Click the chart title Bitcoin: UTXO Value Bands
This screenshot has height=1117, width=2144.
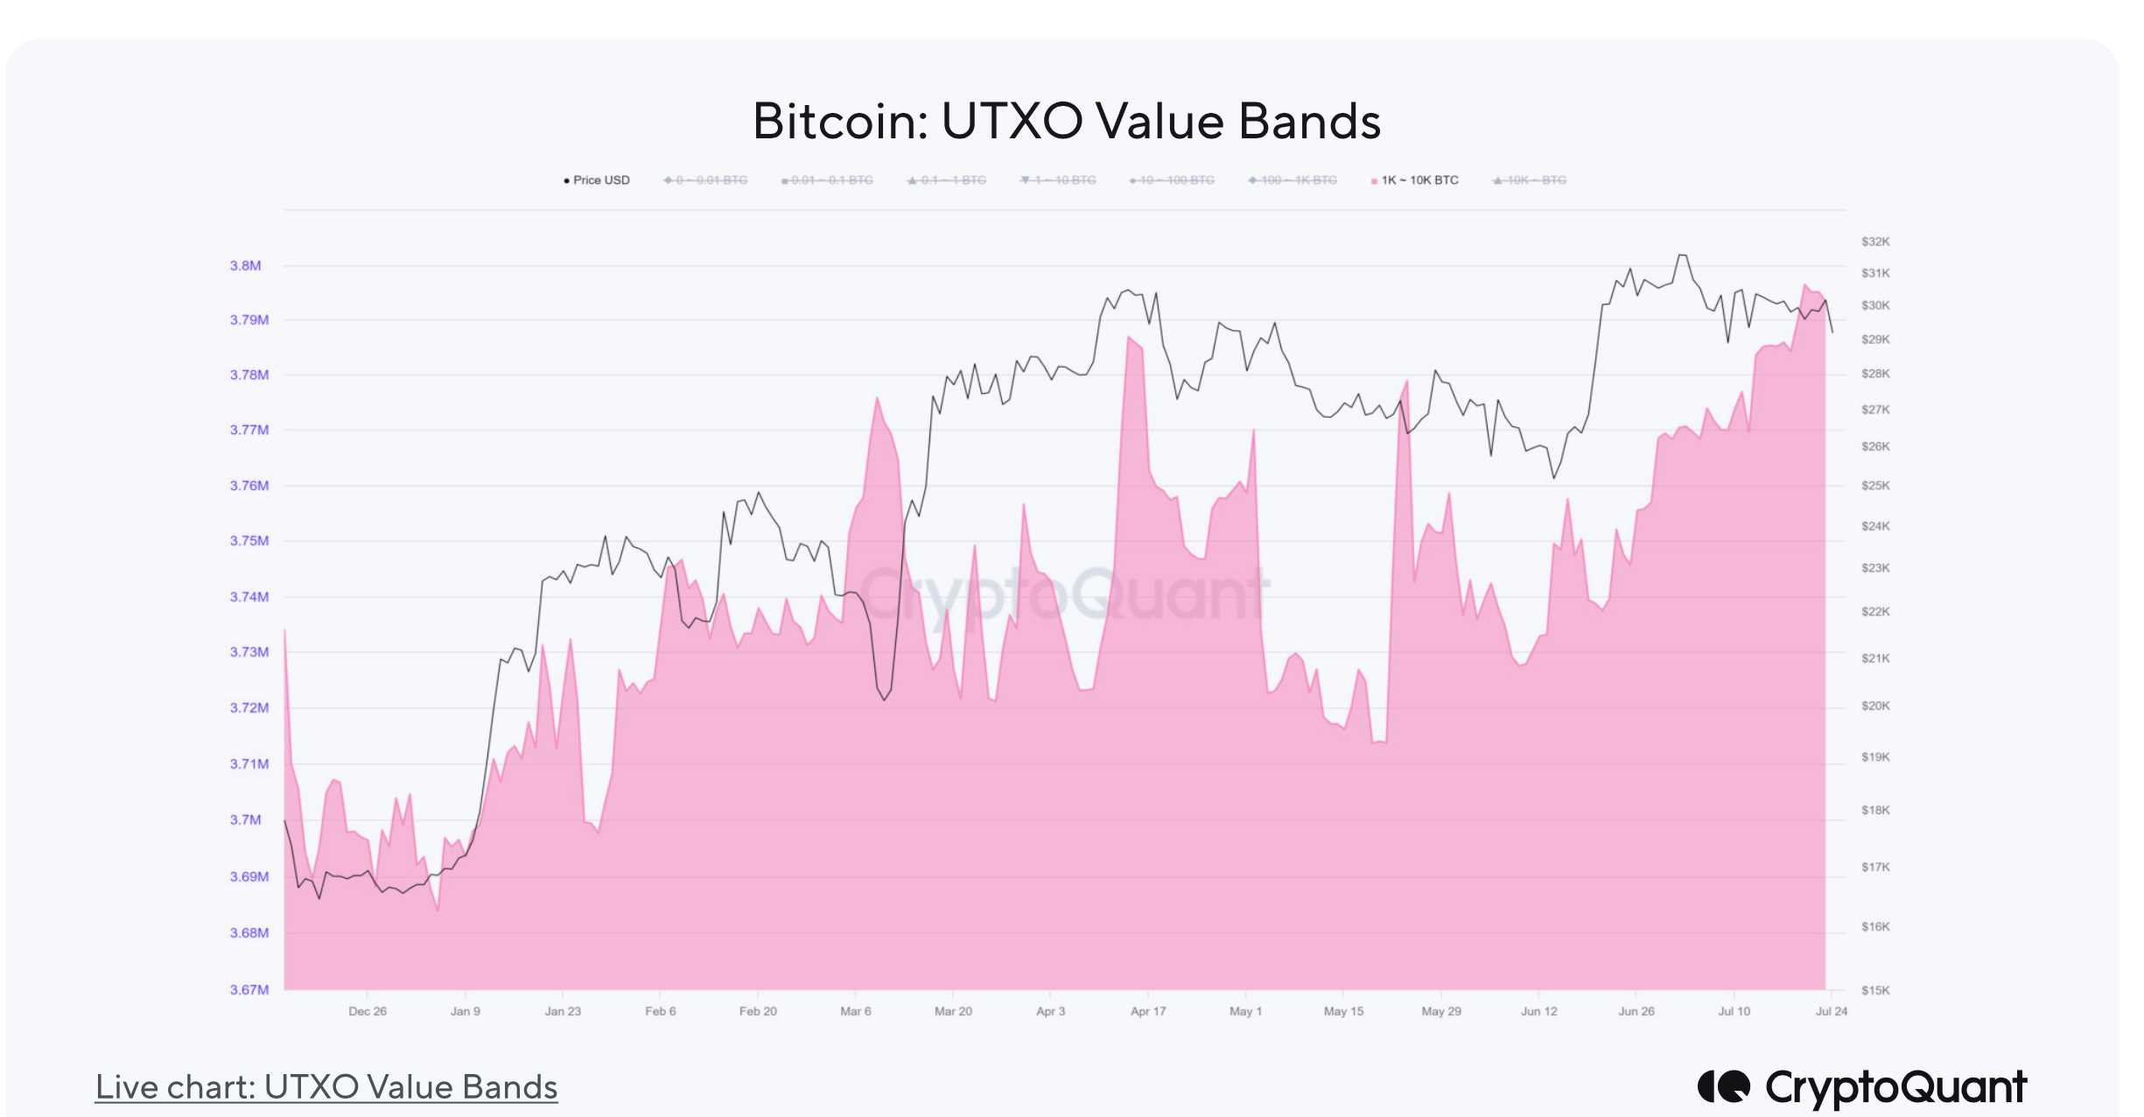(x=1067, y=121)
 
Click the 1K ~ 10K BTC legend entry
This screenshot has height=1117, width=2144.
(x=1419, y=180)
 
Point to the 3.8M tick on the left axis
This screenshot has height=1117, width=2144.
(x=246, y=265)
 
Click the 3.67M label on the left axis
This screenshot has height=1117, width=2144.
(x=249, y=989)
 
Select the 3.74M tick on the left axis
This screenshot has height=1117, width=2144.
(x=249, y=597)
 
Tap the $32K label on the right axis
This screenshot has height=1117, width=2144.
(x=1875, y=242)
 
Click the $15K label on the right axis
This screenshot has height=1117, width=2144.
(x=1875, y=990)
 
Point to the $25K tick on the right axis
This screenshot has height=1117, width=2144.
(x=1875, y=485)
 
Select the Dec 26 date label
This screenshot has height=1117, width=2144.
(x=368, y=1011)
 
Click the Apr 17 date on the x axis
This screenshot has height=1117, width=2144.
(x=1148, y=1011)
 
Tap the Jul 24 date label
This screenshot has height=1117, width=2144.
(x=1831, y=1011)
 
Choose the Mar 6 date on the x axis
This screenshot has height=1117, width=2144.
(x=856, y=1011)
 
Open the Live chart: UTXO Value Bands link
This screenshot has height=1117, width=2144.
(x=326, y=1087)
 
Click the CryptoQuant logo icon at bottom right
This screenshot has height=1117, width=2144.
(x=1723, y=1086)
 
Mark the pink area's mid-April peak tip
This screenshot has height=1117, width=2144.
(x=1130, y=337)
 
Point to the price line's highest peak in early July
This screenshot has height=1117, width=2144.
(x=1682, y=256)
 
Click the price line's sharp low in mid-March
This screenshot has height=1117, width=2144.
(x=885, y=699)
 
